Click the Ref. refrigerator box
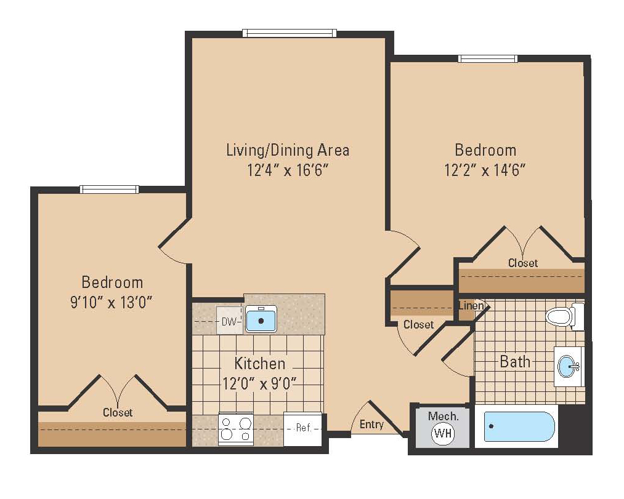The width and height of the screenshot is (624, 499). coord(303,428)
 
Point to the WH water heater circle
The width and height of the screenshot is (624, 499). coord(442,433)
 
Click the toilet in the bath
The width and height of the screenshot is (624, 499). coord(563,317)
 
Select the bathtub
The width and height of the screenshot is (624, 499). coord(519,426)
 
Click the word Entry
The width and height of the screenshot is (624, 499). coord(371,424)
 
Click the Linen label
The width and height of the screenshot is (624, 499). coord(470,306)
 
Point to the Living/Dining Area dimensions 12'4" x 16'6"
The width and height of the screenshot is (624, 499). coord(286,170)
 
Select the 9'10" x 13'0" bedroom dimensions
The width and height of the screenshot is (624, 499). coord(113,302)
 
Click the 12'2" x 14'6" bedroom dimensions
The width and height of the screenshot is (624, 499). coord(485,170)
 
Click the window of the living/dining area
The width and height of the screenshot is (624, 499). coord(289,33)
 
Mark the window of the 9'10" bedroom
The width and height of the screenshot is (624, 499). coord(109,189)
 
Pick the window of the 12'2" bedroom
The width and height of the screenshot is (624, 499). coord(487,58)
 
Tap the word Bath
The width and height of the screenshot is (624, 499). coord(515,361)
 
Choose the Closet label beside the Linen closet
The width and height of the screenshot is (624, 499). coord(418,324)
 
